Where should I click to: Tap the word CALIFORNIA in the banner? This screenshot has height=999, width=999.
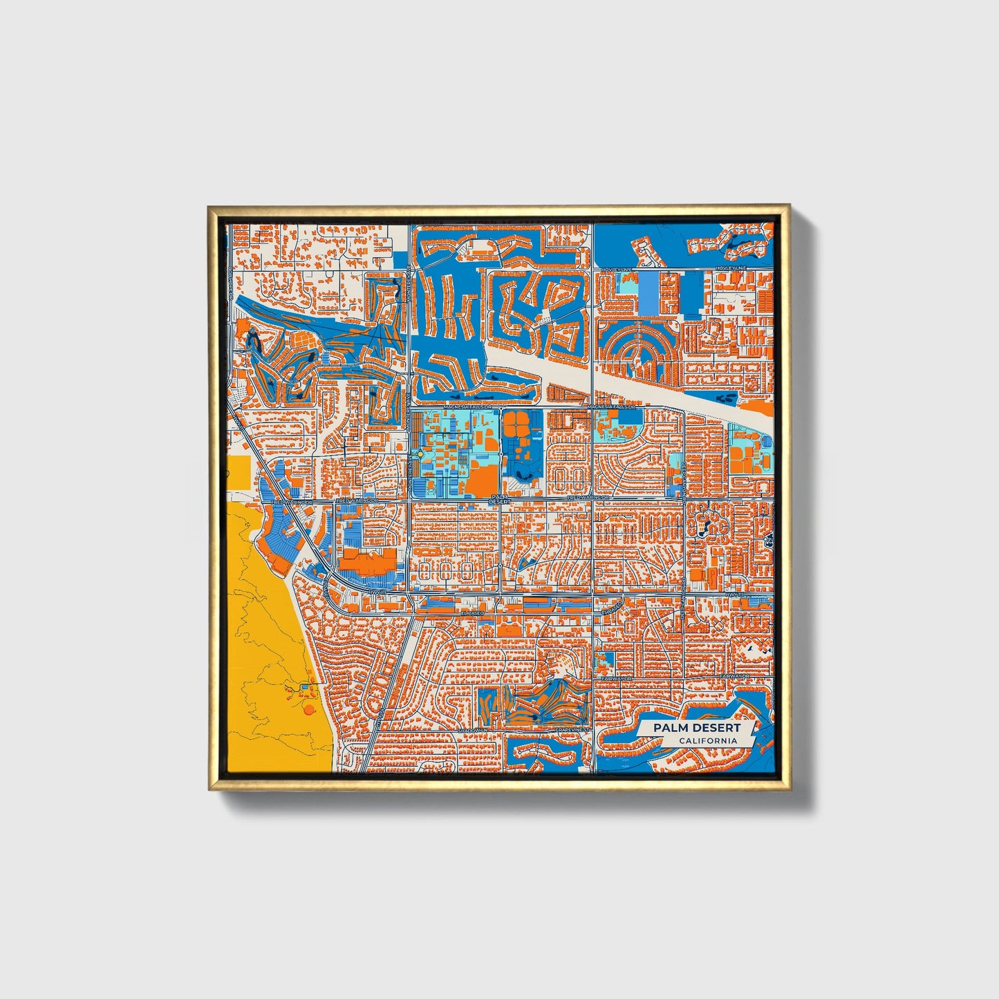pyautogui.click(x=707, y=741)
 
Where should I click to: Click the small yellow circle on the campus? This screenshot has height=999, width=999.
pyautogui.click(x=420, y=454)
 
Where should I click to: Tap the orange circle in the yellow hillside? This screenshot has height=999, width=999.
pyautogui.click(x=308, y=709)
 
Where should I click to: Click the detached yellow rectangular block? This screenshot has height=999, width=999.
pyautogui.click(x=243, y=476)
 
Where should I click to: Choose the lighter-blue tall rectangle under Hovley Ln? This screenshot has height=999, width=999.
pyautogui.click(x=650, y=292)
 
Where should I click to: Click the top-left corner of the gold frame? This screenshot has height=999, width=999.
pyautogui.click(x=209, y=206)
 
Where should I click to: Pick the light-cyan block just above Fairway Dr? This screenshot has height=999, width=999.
pyautogui.click(x=605, y=662)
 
